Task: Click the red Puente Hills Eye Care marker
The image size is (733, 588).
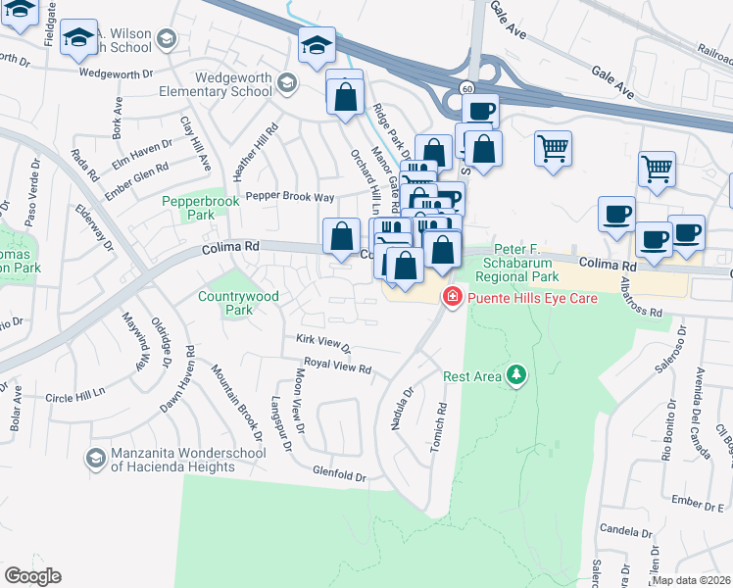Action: (452, 296)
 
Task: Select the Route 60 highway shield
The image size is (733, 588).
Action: (469, 88)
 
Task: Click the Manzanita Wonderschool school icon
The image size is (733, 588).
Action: (95, 458)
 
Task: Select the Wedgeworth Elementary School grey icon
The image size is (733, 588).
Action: (287, 81)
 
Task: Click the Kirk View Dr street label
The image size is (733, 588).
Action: (323, 343)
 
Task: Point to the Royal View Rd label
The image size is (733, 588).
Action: (337, 367)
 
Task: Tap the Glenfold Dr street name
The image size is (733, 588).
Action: (339, 476)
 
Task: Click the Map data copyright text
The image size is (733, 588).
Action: (691, 580)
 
